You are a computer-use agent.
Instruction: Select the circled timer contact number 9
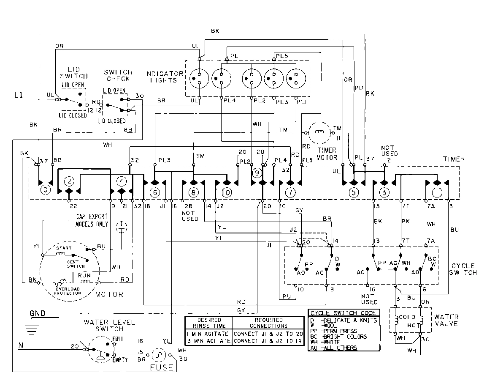click(257, 173)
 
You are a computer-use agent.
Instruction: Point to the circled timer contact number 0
click(45, 190)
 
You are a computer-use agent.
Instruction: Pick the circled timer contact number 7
click(290, 192)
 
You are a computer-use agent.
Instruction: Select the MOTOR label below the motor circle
click(109, 294)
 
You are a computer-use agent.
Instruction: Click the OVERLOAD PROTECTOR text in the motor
click(68, 291)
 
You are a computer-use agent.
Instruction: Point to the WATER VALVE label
click(446, 320)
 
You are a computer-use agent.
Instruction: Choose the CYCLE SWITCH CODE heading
click(343, 313)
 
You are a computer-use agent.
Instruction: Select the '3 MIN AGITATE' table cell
click(208, 341)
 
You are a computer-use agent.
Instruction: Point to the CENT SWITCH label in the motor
click(76, 264)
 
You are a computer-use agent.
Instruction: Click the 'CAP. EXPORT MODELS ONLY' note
click(92, 219)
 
